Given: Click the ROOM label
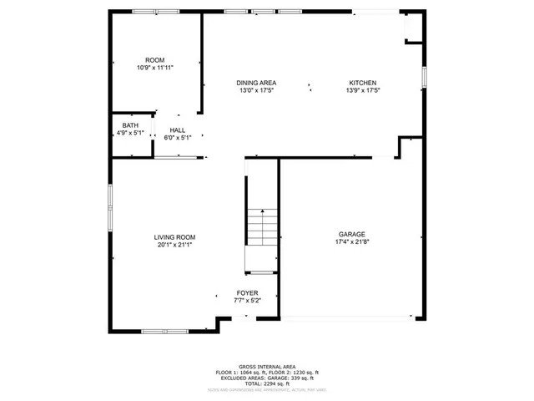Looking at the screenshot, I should pos(155,60).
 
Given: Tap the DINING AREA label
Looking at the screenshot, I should pos(256,83).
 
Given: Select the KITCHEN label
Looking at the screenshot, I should pos(363,83).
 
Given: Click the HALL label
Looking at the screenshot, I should pos(178,130).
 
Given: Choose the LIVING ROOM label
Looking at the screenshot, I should pos(174,237).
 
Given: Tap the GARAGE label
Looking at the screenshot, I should pos(351,235).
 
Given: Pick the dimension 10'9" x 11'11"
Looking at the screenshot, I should pos(155,68).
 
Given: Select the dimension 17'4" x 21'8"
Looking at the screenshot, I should pos(351,242).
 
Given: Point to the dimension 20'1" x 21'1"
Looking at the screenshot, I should pos(174,245).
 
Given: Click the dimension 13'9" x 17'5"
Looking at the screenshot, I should pos(363,90).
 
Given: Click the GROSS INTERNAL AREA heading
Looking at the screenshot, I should pos(266,367).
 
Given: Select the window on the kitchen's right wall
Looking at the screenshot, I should pos(424,76).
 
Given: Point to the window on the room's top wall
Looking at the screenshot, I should pos(155,11).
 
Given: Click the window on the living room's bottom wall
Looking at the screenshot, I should pos(164,332).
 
